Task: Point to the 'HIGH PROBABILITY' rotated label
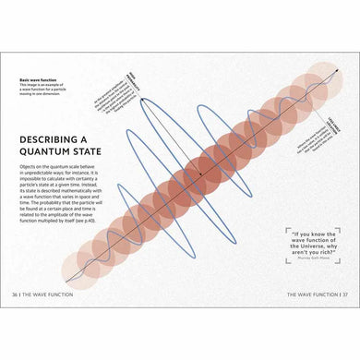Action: click(x=130, y=82)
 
